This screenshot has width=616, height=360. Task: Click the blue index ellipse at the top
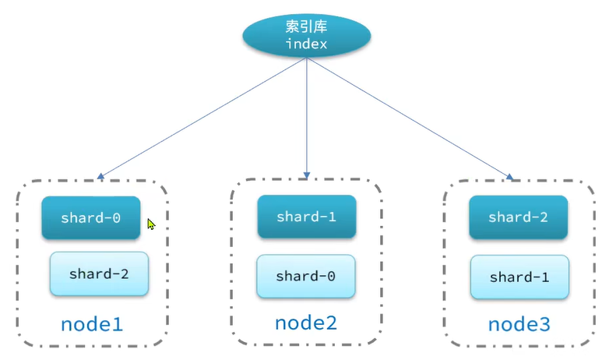pyautogui.click(x=306, y=36)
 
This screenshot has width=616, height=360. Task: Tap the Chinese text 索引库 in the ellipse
pyautogui.click(x=306, y=26)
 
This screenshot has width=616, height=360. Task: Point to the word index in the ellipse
pyautogui.click(x=306, y=44)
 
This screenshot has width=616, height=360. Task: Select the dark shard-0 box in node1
pyautogui.click(x=91, y=218)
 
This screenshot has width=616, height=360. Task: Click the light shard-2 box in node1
pyautogui.click(x=99, y=274)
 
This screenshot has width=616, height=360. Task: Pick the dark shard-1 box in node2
pyautogui.click(x=306, y=217)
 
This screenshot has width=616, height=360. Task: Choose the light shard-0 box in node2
pyautogui.click(x=306, y=276)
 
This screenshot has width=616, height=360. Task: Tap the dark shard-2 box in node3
pyautogui.click(x=518, y=217)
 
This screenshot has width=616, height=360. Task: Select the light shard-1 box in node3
pyautogui.click(x=519, y=277)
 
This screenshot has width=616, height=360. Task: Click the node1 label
pyautogui.click(x=93, y=323)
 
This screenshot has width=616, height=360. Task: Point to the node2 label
pyautogui.click(x=306, y=322)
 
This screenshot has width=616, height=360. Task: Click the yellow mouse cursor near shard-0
pyautogui.click(x=151, y=224)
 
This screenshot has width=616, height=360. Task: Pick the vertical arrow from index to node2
pyautogui.click(x=307, y=117)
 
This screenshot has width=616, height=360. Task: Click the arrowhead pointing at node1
pyautogui.click(x=100, y=177)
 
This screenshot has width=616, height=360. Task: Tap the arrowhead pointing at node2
pyautogui.click(x=307, y=174)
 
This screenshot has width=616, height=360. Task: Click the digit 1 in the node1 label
pyautogui.click(x=118, y=323)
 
